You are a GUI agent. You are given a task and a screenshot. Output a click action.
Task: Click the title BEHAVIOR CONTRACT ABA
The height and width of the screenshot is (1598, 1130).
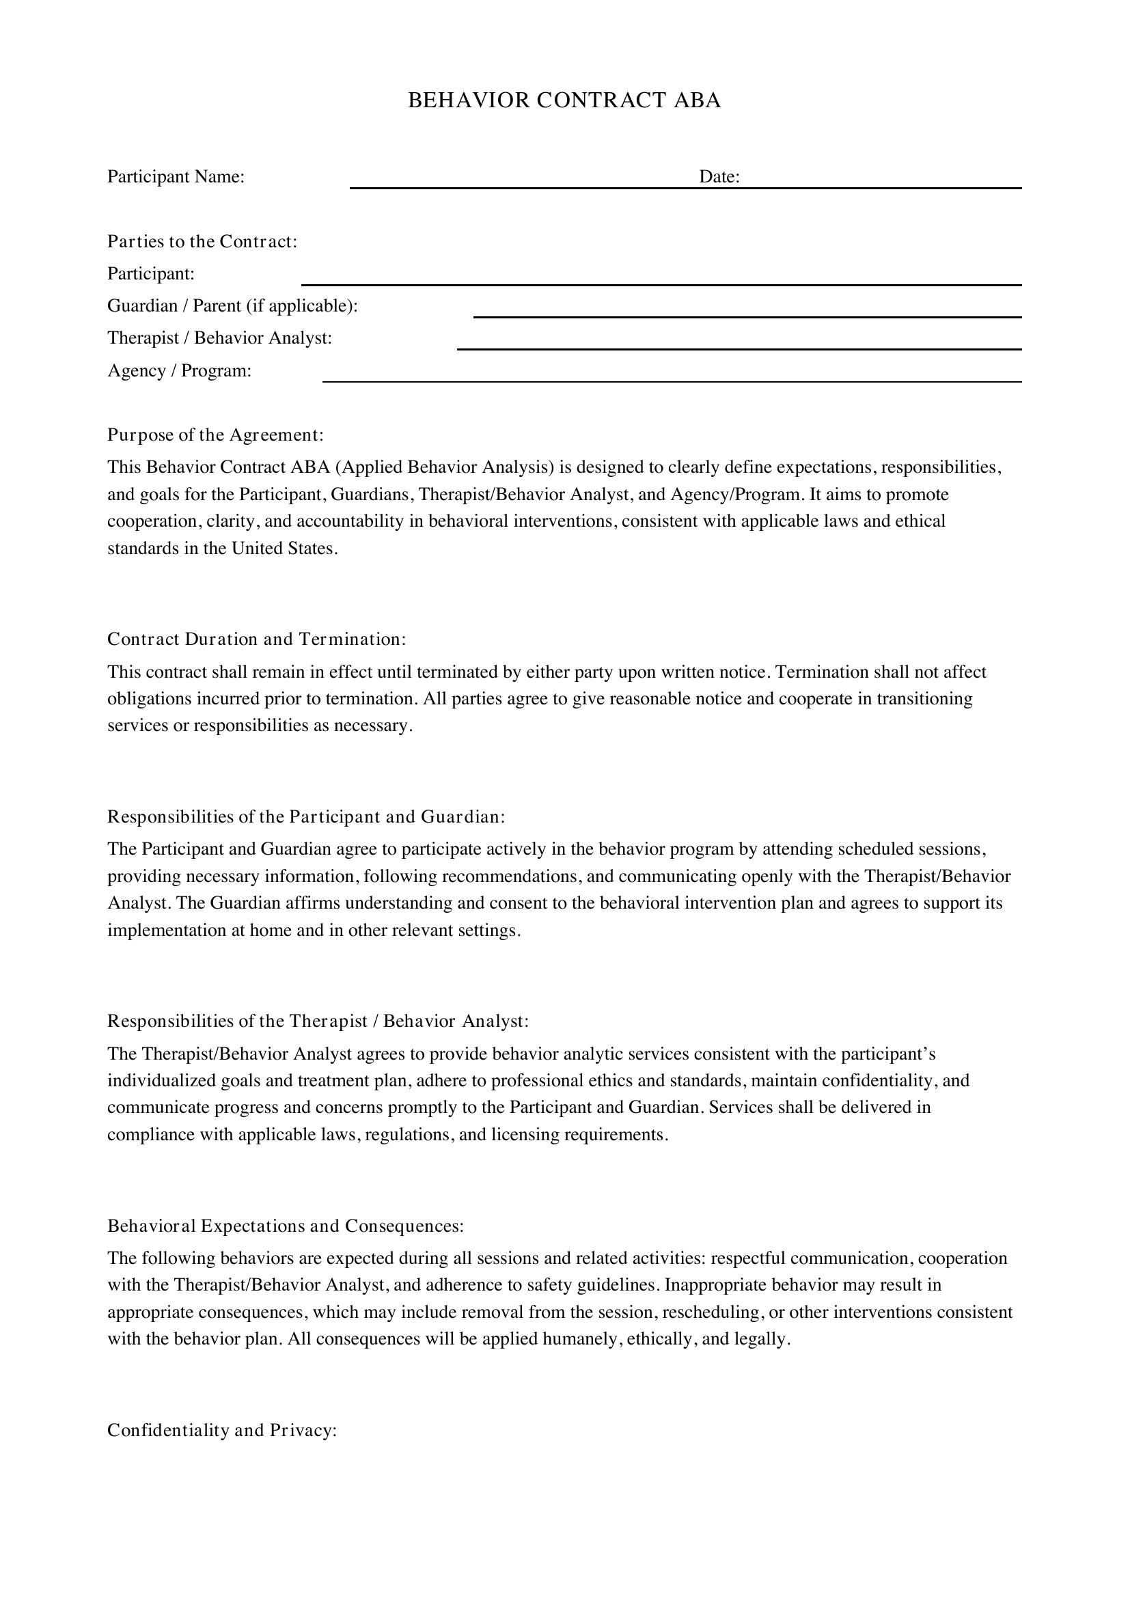tap(564, 100)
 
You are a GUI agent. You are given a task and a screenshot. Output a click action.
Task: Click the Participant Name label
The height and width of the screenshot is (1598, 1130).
tap(176, 177)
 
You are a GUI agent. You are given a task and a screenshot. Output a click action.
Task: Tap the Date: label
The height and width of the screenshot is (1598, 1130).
tap(719, 177)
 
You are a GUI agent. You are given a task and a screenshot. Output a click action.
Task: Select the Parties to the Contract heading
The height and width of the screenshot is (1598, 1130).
tap(202, 241)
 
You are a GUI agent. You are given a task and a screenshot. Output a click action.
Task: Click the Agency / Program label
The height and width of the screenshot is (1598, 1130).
tap(179, 371)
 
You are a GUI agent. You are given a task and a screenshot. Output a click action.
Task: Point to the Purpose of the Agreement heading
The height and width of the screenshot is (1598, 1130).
tap(215, 435)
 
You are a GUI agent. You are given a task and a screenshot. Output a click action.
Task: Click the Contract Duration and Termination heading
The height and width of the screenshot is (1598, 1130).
tap(256, 639)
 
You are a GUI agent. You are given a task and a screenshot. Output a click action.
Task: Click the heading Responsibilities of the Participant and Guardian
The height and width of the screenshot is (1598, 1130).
tap(305, 816)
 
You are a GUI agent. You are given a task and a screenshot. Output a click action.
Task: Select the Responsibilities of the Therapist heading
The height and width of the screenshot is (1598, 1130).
tap(317, 1021)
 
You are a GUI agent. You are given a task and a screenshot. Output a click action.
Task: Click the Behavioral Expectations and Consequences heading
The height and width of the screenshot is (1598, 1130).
tap(286, 1226)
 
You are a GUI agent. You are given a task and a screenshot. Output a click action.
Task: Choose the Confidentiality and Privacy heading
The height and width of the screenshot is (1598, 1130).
tap(222, 1430)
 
